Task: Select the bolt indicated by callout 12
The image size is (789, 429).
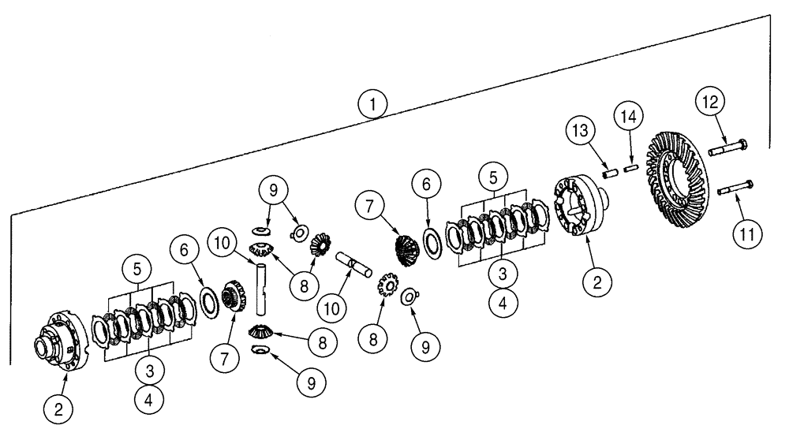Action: tap(729, 147)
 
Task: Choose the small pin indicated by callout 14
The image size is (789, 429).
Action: tap(630, 167)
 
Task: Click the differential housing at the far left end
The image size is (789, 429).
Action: tap(60, 343)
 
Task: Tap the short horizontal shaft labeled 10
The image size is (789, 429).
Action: tap(352, 263)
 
